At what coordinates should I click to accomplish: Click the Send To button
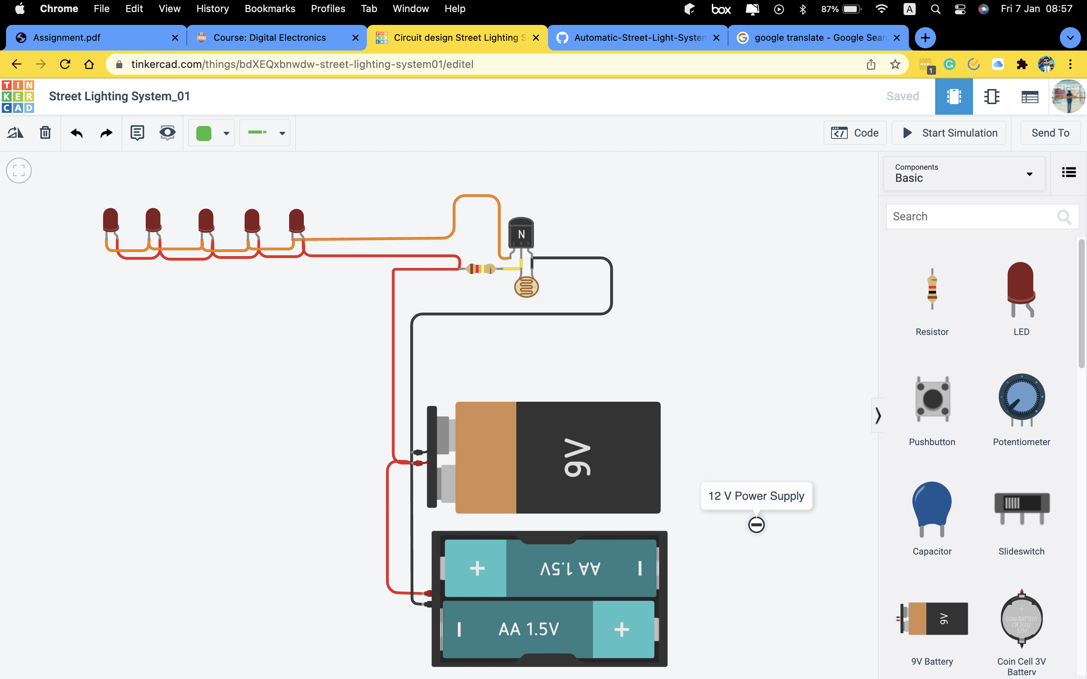click(x=1050, y=133)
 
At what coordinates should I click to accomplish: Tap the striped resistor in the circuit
click(x=480, y=269)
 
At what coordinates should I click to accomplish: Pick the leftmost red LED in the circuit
click(x=111, y=220)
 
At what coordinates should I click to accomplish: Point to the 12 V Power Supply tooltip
click(x=756, y=496)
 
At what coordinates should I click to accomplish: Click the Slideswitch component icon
click(x=1021, y=507)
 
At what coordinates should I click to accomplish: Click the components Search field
click(x=970, y=217)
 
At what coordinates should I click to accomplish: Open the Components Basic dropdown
click(x=964, y=174)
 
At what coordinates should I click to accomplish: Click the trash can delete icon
click(x=45, y=133)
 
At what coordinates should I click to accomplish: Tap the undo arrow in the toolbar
click(x=76, y=133)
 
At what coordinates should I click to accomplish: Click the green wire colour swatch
click(x=204, y=133)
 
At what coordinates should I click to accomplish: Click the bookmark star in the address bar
click(x=895, y=64)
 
